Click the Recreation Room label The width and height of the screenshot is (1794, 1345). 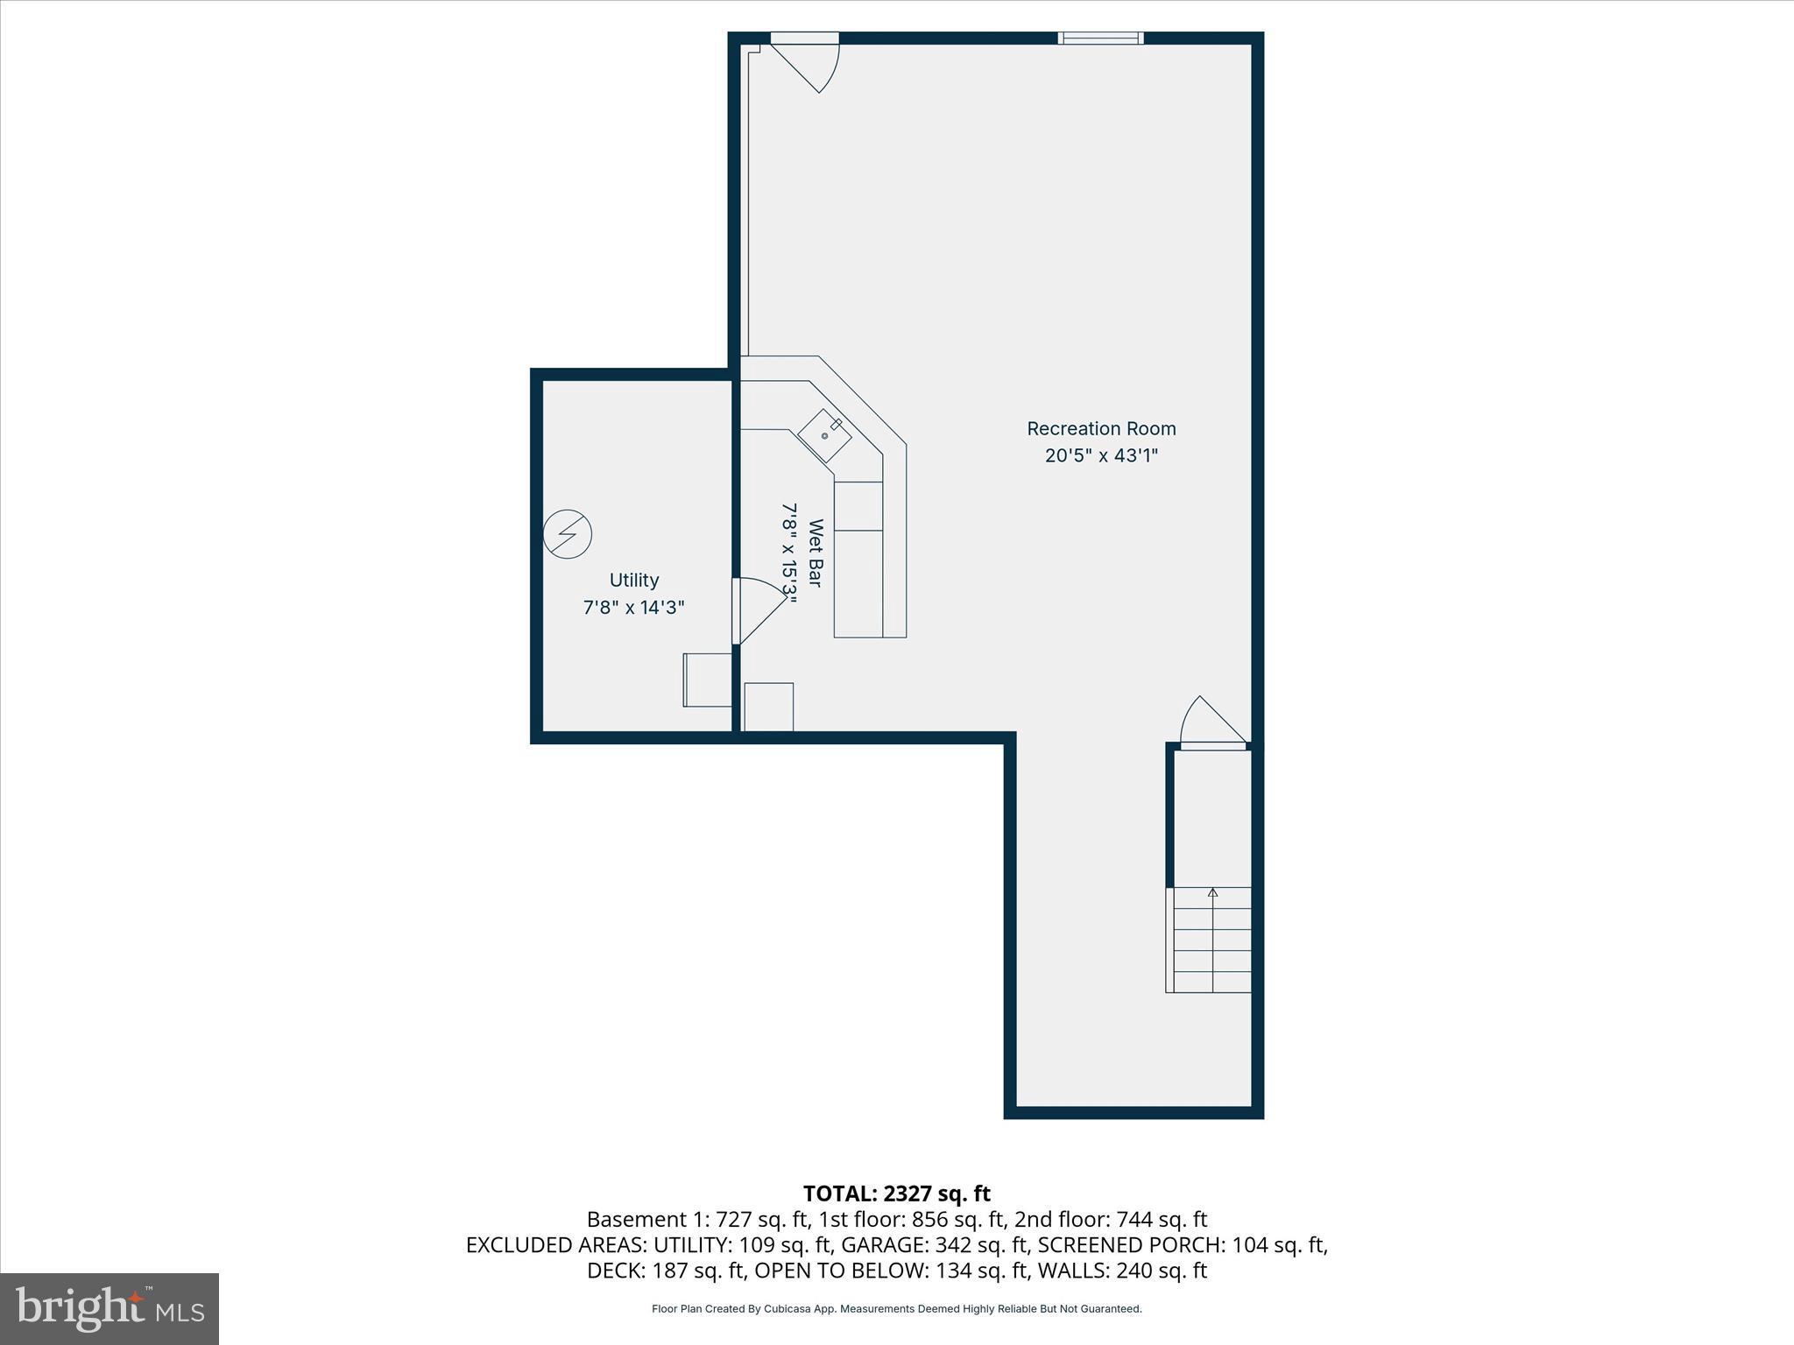click(x=1101, y=428)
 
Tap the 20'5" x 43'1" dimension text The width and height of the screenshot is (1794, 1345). click(x=1101, y=455)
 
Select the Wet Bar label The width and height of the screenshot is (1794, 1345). click(x=815, y=553)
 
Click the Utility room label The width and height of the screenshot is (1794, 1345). click(x=633, y=580)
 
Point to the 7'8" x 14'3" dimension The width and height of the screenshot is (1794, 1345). click(x=633, y=607)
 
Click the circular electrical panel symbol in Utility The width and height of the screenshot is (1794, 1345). click(x=567, y=533)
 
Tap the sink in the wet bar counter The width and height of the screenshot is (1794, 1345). click(x=824, y=435)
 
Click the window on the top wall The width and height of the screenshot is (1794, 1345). click(x=1100, y=38)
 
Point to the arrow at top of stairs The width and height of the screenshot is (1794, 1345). click(x=1212, y=893)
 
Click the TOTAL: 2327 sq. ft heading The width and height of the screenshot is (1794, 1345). click(x=896, y=1194)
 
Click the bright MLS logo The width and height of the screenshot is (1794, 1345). click(x=109, y=1308)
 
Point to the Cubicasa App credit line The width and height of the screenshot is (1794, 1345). click(x=896, y=1309)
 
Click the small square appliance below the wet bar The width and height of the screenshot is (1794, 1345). click(x=768, y=707)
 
